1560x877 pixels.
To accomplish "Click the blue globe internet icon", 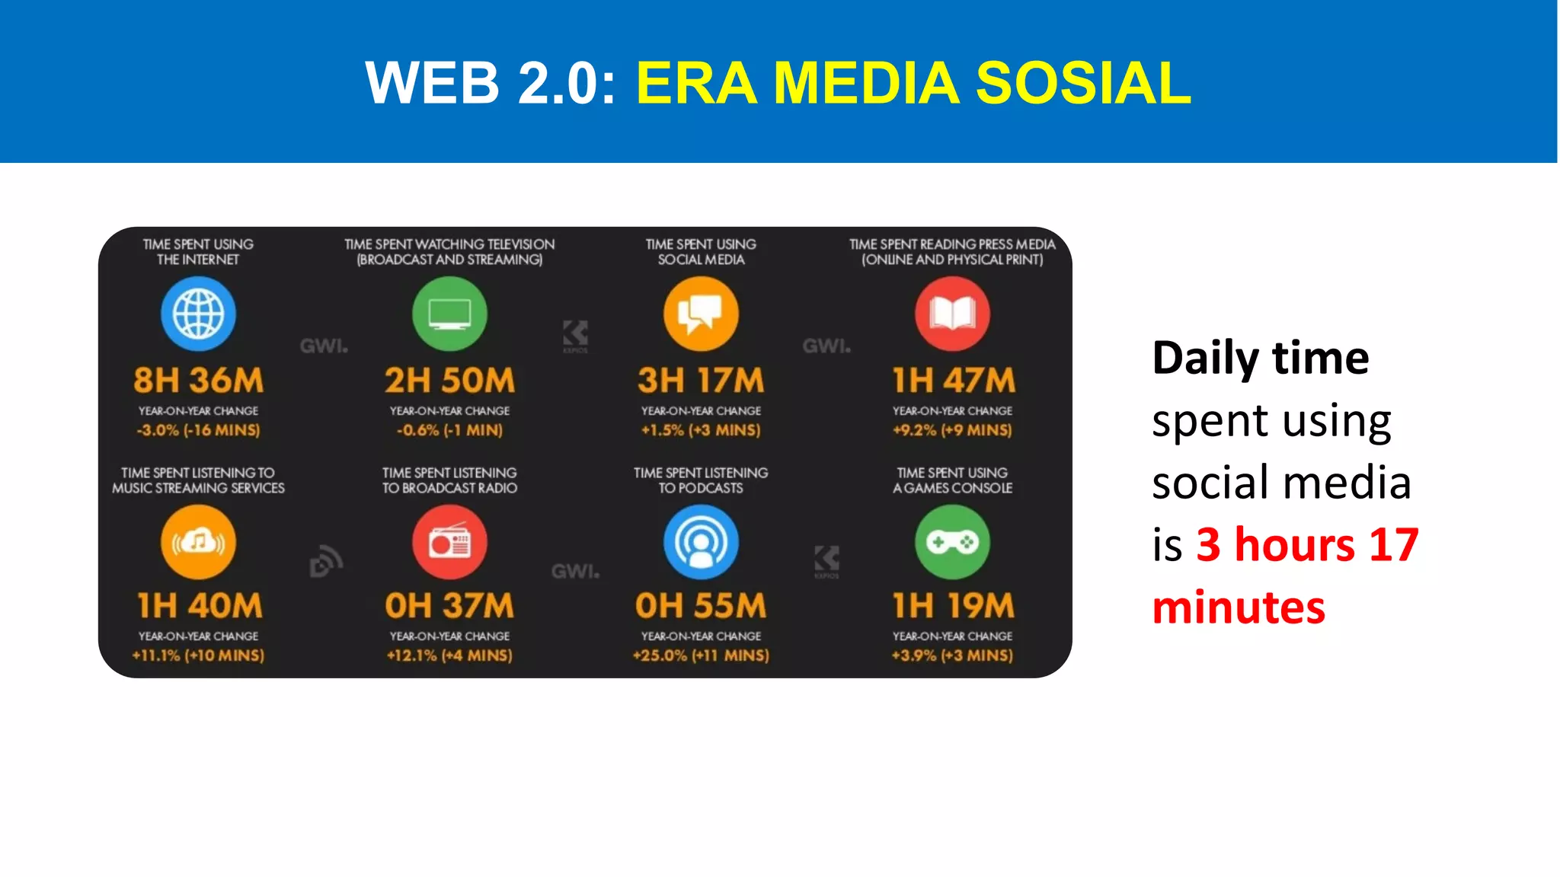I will coord(198,314).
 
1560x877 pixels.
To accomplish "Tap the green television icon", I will coord(449,314).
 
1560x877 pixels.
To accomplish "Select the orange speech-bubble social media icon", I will coord(701,314).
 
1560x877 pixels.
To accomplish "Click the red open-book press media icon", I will coord(952,314).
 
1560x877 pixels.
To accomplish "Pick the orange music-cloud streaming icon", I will coord(198,542).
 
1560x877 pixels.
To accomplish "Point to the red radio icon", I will coord(449,542).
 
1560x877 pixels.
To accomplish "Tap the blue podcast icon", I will coord(701,542).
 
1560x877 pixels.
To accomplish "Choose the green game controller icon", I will coord(952,542).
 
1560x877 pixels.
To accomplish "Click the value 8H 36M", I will coord(198,380).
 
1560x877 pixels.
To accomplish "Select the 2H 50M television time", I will coord(449,380).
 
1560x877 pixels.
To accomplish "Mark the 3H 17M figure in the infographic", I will coord(701,380).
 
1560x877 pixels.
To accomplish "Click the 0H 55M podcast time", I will coord(701,606).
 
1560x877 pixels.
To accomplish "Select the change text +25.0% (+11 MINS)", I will coord(701,655).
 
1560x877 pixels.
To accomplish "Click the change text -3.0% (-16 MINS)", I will coord(198,430).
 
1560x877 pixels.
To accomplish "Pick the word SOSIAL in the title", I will coord(1083,83).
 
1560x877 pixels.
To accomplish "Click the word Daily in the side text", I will coord(1204,358).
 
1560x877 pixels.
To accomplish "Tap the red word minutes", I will coord(1239,608).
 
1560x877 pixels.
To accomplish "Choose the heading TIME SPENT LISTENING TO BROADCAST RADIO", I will coord(449,480).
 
